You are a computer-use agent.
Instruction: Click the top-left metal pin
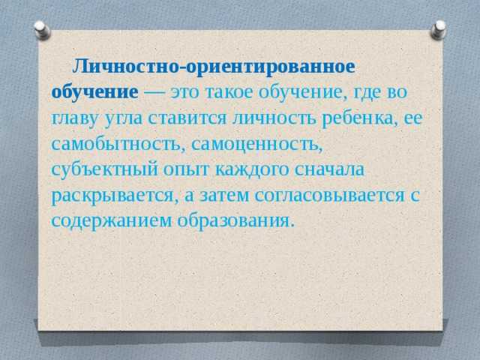click(42, 30)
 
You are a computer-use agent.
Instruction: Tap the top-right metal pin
click(438, 30)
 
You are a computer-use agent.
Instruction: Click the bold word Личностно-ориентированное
click(214, 67)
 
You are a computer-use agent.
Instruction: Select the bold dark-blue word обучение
click(95, 91)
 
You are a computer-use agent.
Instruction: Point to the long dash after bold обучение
click(154, 92)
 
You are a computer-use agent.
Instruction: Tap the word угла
click(123, 118)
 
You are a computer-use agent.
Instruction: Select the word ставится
click(187, 118)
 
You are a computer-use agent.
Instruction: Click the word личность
click(274, 118)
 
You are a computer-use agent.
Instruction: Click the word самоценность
click(256, 144)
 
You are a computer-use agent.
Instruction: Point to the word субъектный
click(105, 169)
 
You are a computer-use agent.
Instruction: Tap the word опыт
click(186, 170)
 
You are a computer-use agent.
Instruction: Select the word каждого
click(252, 170)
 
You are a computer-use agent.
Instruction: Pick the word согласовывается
click(330, 195)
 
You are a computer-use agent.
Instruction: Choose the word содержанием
click(112, 221)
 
